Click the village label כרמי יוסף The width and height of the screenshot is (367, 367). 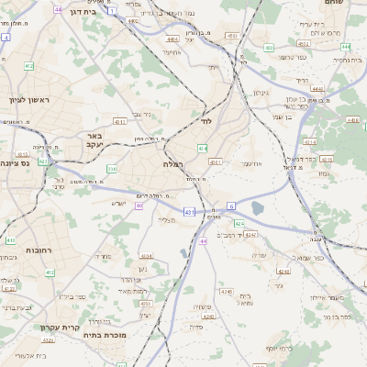tap(281, 349)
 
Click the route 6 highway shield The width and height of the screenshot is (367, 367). tap(232, 206)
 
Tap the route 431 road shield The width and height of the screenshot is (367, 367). tap(189, 212)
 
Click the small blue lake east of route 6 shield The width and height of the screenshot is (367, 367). tap(257, 208)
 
